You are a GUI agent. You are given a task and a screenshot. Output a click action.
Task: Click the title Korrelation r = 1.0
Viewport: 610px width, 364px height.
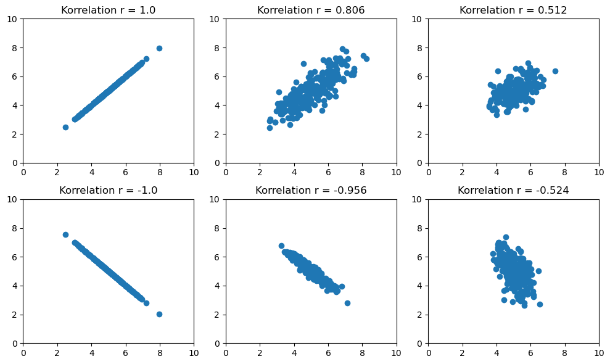click(108, 10)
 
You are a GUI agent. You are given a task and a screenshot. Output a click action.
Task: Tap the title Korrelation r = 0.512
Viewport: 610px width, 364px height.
click(513, 10)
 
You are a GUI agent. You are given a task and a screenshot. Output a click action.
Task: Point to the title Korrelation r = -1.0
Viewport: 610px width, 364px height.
click(108, 191)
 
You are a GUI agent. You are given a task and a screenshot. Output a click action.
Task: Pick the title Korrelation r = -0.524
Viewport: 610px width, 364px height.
click(513, 191)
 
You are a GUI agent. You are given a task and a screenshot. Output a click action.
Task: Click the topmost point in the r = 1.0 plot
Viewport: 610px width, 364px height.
click(159, 48)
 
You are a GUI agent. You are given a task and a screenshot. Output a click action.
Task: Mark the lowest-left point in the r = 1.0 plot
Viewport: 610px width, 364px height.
click(65, 127)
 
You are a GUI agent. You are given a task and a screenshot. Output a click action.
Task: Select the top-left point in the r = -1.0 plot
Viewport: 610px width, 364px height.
click(65, 234)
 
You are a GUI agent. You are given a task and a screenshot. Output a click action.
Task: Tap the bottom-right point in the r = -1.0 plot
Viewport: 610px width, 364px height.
click(159, 314)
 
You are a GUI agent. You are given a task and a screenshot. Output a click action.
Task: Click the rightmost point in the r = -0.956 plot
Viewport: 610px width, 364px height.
click(347, 303)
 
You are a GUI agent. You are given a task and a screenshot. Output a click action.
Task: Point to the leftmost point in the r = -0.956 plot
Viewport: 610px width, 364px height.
click(281, 246)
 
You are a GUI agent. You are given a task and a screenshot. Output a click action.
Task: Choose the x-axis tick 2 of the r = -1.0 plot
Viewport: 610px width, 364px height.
click(57, 353)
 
